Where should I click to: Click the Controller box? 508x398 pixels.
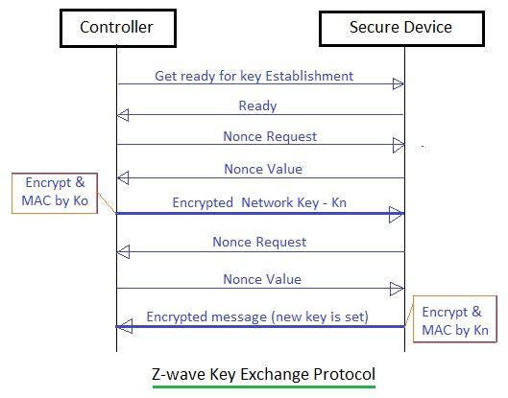pos(116,27)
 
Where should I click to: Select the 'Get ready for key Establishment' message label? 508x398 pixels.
pos(254,75)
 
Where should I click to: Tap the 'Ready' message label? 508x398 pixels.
pos(257,105)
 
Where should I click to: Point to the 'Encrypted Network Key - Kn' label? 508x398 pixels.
pos(260,203)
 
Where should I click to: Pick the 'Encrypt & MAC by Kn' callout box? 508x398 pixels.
pos(454,317)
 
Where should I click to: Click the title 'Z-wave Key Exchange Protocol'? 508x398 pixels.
pos(263,372)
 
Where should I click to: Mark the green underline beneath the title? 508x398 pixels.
pos(263,386)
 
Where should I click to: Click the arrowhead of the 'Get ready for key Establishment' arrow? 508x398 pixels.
pos(398,84)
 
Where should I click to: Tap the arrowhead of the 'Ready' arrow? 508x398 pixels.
pos(123,116)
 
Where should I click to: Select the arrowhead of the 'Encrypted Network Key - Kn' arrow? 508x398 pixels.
pos(396,215)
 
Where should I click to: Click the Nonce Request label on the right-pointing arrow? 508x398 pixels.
pos(270,136)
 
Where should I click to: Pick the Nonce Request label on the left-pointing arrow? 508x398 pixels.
pos(259,242)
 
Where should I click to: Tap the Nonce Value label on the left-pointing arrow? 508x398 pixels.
pos(262,169)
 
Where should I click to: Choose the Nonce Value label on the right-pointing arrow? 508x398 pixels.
pos(262,279)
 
